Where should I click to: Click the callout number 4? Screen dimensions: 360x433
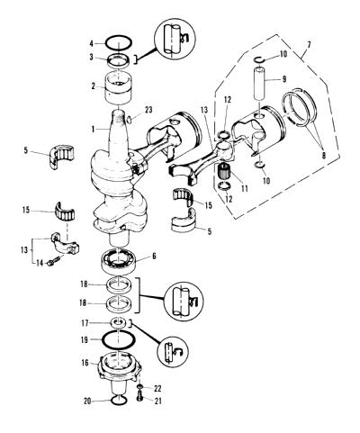[x=92, y=44]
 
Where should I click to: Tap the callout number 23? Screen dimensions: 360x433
[x=148, y=110]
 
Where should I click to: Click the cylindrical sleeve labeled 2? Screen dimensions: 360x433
[x=118, y=87]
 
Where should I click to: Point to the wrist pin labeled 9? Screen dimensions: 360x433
[x=259, y=85]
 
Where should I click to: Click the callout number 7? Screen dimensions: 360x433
[x=309, y=45]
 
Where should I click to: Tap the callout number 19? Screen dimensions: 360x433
[x=85, y=339]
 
